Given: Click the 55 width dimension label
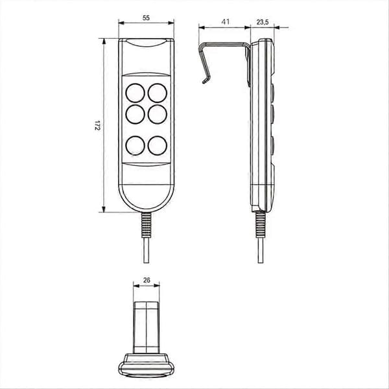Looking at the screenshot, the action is tap(146, 18).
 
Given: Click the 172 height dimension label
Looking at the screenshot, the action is tap(97, 126).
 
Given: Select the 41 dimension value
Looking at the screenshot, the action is tap(225, 22).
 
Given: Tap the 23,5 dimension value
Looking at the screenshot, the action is tap(263, 22).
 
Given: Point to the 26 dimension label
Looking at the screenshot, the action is tap(147, 280).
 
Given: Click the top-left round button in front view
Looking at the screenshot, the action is tap(136, 93).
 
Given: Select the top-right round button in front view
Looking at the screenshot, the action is tap(158, 93).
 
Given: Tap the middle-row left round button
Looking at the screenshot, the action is tap(136, 114).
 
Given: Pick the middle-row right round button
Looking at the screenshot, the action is tap(158, 114).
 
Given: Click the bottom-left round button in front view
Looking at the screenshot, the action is tap(136, 146).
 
